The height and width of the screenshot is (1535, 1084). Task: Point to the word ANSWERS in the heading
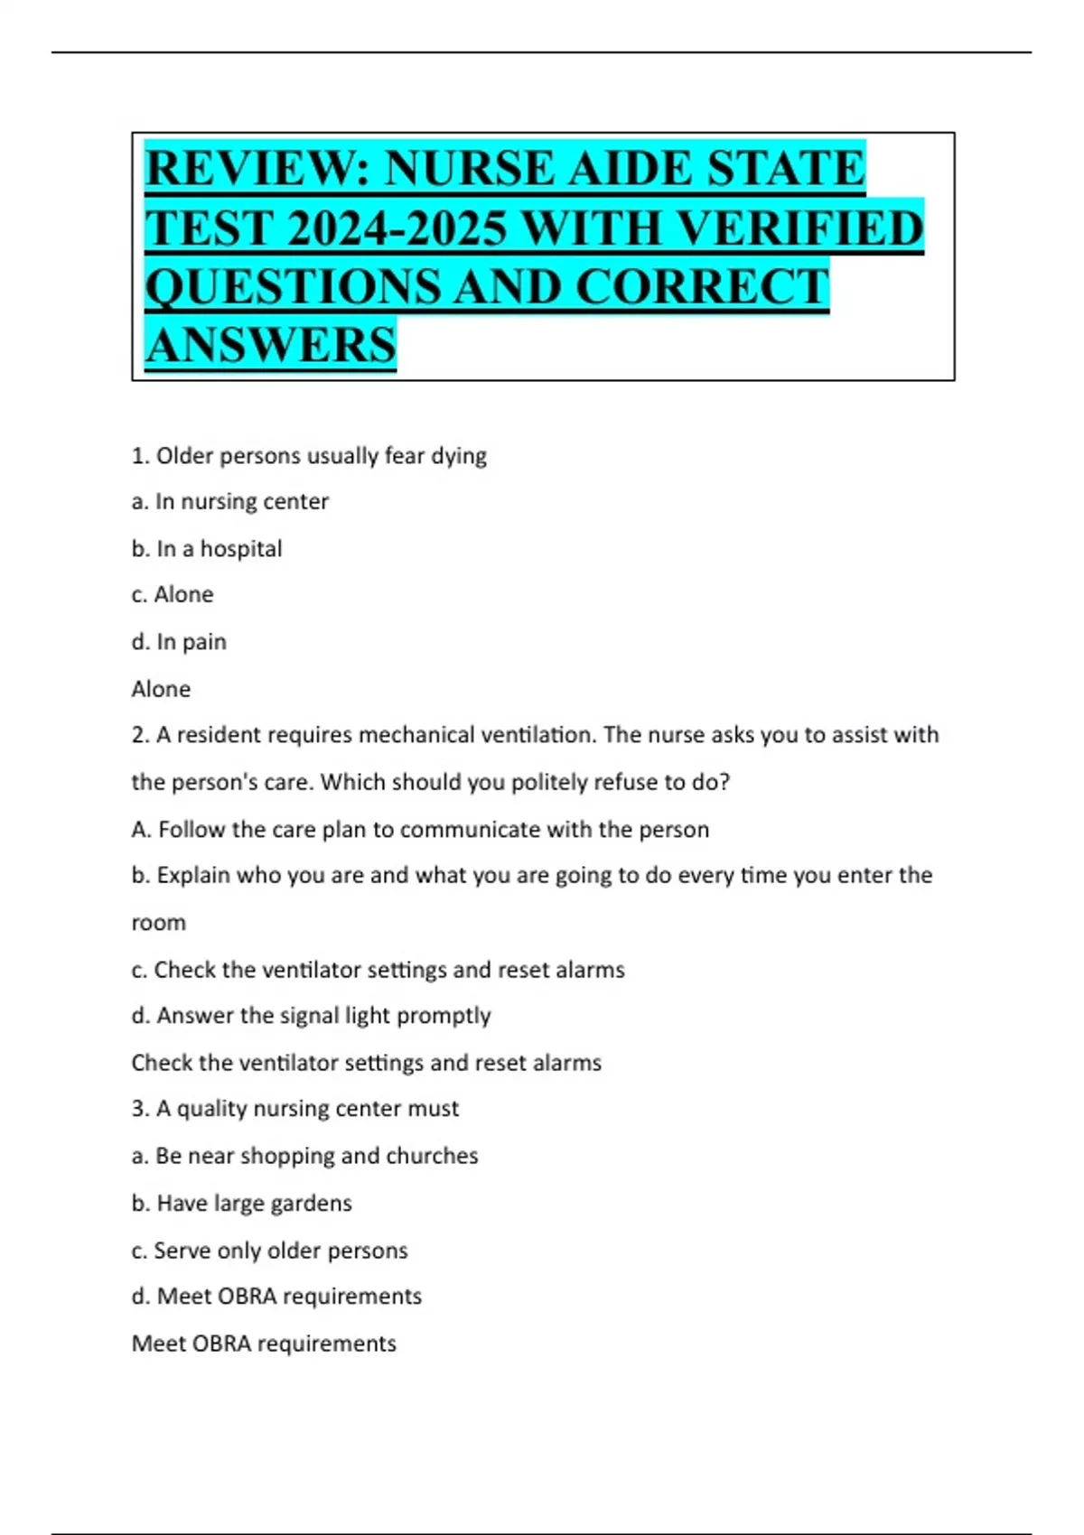(270, 345)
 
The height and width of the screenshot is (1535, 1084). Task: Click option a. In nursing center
(229, 501)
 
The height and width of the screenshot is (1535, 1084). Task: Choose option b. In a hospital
(207, 549)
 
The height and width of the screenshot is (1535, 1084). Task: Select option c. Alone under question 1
(173, 595)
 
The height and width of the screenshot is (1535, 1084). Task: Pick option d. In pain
(179, 642)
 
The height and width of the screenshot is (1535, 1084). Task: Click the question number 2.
(140, 735)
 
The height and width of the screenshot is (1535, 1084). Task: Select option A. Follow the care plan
(420, 829)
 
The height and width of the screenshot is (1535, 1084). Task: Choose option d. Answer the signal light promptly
(311, 1016)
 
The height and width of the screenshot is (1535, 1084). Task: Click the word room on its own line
(158, 923)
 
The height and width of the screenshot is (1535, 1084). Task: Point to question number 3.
(140, 1109)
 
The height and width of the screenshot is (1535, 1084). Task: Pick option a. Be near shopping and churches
(304, 1156)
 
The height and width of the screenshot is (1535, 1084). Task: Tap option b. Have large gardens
(241, 1203)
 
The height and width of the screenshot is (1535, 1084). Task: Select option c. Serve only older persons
(269, 1251)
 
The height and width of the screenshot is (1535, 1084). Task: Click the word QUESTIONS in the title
(291, 287)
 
